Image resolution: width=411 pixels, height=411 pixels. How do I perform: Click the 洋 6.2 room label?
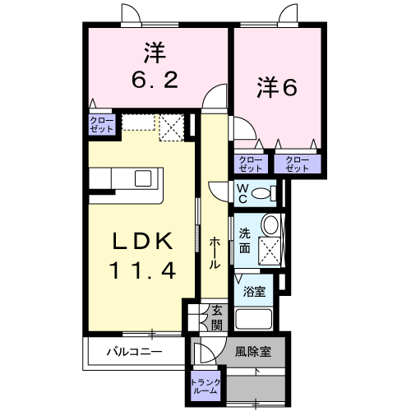pyautogui.click(x=153, y=67)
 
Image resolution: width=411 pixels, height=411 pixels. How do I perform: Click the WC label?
pyautogui.click(x=242, y=192)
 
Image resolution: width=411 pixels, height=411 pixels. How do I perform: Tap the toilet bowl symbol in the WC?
pyautogui.click(x=262, y=193)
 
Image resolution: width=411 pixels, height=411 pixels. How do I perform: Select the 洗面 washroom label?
pyautogui.click(x=245, y=239)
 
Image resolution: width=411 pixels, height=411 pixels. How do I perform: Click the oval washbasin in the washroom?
pyautogui.click(x=268, y=225)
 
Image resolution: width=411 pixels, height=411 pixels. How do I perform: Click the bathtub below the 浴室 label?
pyautogui.click(x=256, y=318)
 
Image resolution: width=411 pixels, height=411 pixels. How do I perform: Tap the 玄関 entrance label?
pyautogui.click(x=216, y=317)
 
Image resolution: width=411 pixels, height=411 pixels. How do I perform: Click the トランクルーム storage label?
pyautogui.click(x=205, y=386)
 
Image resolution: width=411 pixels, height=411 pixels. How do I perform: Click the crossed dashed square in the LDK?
pyautogui.click(x=171, y=126)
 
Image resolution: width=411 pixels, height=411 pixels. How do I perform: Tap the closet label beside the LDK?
pyautogui.click(x=103, y=124)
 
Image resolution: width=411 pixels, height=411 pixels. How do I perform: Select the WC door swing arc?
pyautogui.click(x=220, y=188)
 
